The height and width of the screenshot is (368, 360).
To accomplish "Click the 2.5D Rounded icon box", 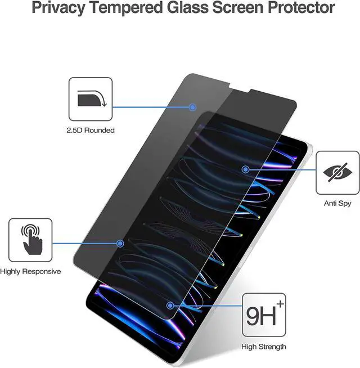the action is click(91, 99).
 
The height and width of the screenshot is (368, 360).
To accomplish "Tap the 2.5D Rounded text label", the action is click(91, 131).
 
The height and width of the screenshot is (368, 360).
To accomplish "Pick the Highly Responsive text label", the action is click(30, 272).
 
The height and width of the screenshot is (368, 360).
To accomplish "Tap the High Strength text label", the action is click(264, 347).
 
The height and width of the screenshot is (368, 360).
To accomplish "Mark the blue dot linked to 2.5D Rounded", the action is click(192, 107).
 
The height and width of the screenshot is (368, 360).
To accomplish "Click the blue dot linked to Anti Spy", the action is click(245, 168).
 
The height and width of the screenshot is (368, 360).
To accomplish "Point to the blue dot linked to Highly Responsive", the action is click(120, 243).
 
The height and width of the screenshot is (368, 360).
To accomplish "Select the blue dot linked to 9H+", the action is click(170, 306).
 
